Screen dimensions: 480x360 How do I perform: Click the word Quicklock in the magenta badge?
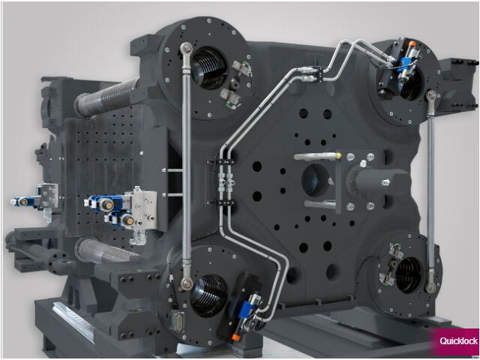click(458, 341)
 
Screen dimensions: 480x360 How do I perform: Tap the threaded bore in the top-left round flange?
click(210, 68)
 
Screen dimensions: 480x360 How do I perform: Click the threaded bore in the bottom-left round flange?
click(208, 295)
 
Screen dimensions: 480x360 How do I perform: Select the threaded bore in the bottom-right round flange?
click(408, 274)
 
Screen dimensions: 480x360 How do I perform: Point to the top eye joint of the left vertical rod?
click(186, 48)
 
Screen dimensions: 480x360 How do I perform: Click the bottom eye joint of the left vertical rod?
click(187, 283)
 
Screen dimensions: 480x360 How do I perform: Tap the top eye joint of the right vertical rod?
click(432, 96)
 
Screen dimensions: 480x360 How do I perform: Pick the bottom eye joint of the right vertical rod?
click(430, 287)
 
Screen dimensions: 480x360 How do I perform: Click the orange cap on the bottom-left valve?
click(235, 337)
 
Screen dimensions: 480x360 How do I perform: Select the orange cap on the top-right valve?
click(412, 43)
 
